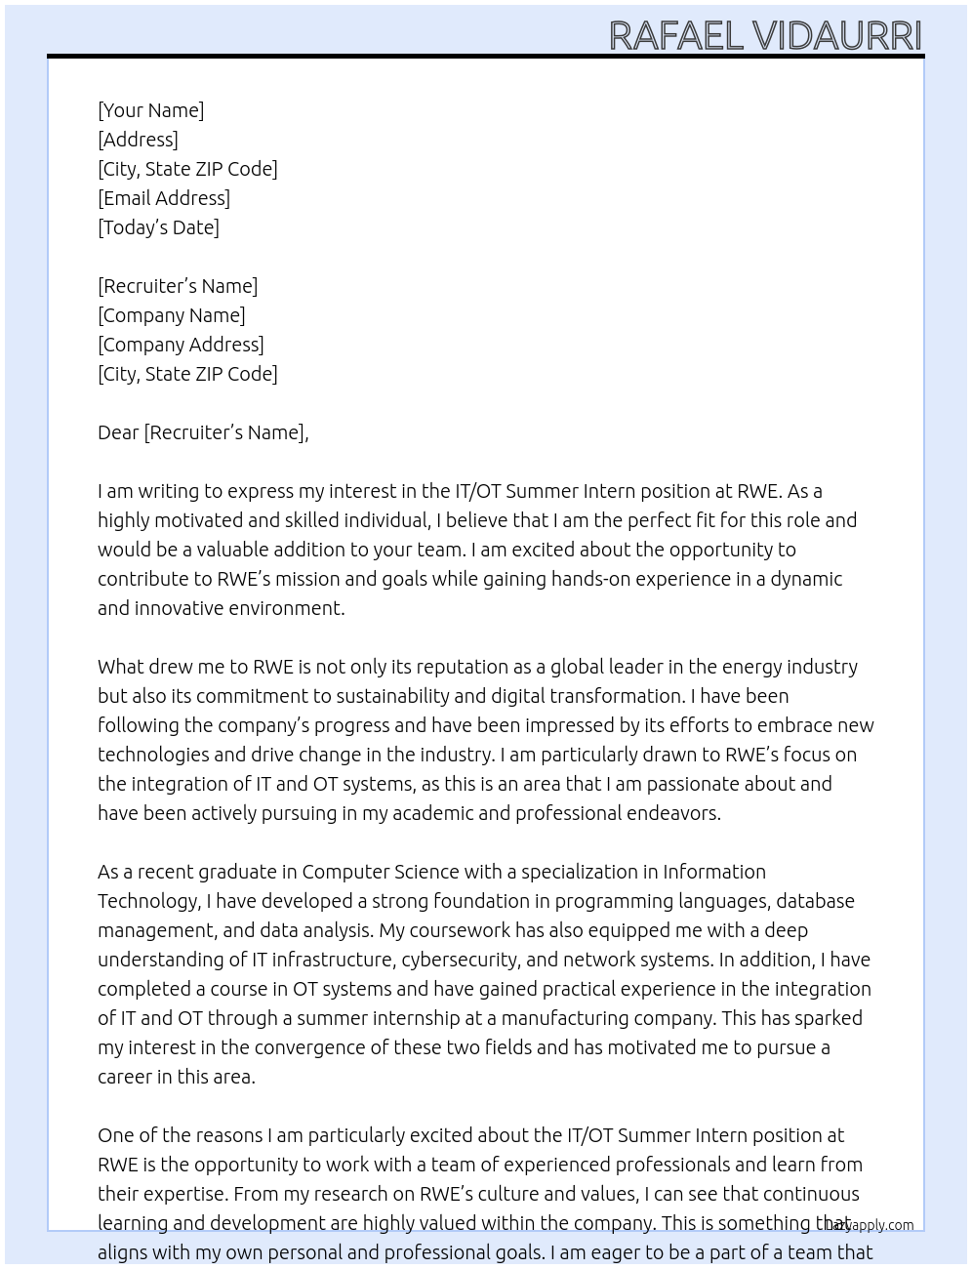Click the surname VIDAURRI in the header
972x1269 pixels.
click(836, 36)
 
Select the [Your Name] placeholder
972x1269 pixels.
click(151, 110)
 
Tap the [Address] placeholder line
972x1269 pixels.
click(138, 140)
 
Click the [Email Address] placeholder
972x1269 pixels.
click(164, 198)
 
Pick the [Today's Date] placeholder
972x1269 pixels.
click(158, 227)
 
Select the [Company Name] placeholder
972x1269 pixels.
click(172, 315)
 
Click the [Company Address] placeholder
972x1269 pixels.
click(181, 345)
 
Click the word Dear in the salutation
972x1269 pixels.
click(118, 432)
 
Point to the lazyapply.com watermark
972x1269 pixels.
click(871, 1225)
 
